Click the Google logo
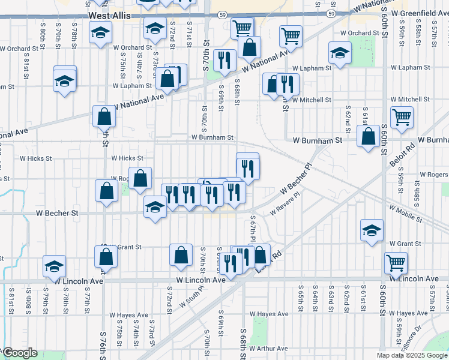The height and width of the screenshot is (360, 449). coord(19,353)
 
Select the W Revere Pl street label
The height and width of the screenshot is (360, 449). coord(285,208)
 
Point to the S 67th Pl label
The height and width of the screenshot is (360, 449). coord(253,229)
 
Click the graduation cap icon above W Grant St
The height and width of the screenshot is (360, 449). coord(372,229)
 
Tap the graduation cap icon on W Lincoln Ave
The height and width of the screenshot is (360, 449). coord(54,266)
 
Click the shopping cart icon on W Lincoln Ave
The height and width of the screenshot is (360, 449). coord(396,262)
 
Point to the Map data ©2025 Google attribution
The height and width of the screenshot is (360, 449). coord(411,355)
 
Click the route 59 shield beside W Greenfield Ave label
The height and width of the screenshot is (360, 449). coord(331,13)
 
